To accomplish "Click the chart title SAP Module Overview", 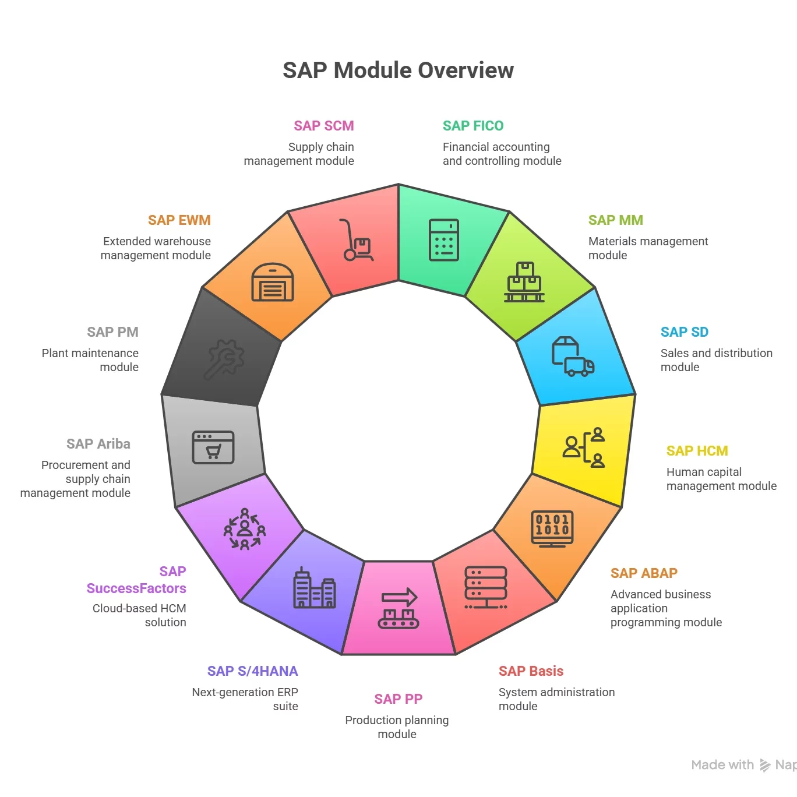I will tap(398, 70).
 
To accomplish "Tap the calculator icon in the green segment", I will tap(444, 240).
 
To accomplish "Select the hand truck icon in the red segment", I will tap(356, 240).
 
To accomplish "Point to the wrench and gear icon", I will tap(224, 359).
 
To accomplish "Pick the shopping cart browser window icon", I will tap(213, 447).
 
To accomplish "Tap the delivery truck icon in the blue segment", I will tap(573, 357).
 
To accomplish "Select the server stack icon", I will tap(486, 587).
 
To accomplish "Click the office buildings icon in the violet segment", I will tap(314, 588).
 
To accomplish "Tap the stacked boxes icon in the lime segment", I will tap(524, 283).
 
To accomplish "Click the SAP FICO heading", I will tap(473, 126).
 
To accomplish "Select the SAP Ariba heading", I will tap(98, 444).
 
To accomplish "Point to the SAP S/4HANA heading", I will tap(252, 671).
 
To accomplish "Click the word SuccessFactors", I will tap(136, 588).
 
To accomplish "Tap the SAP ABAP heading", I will tap(644, 573).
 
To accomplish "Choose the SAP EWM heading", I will tap(179, 220).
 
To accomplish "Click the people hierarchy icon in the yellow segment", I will tap(584, 447).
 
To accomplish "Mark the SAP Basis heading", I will tap(531, 671).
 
